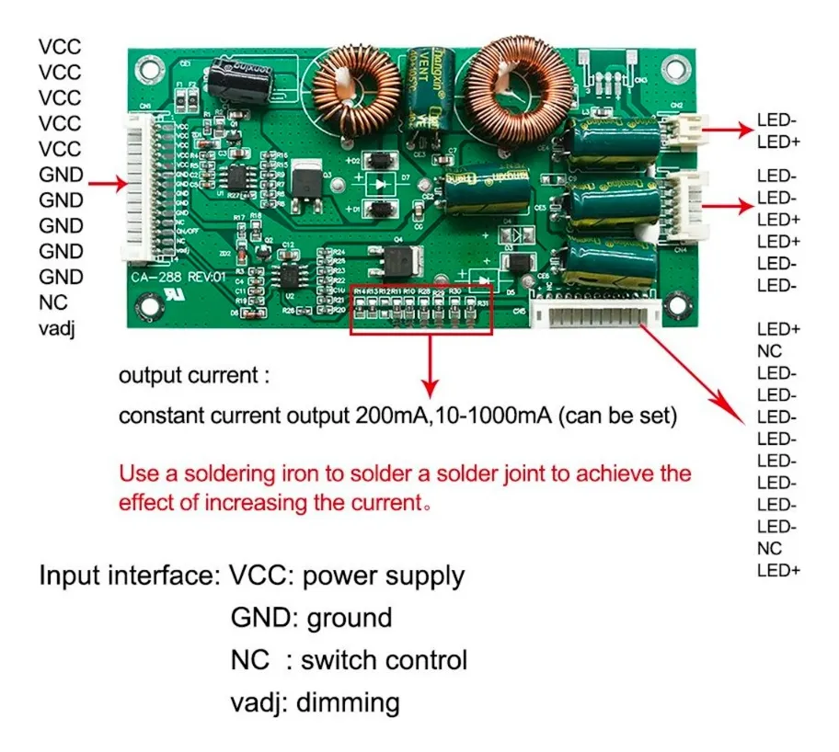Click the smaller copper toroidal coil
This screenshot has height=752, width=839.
tap(347, 93)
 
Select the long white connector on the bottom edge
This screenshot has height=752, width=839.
tap(599, 318)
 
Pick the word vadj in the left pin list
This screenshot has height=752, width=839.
tap(57, 327)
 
